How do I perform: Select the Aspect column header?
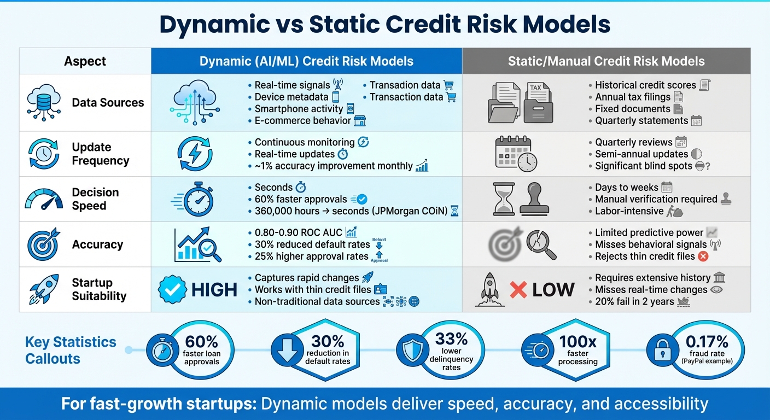pyautogui.click(x=85, y=61)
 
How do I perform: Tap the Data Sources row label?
pyautogui.click(x=108, y=103)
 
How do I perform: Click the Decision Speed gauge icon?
pyautogui.click(x=44, y=199)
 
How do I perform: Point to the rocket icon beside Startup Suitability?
pyautogui.click(x=43, y=289)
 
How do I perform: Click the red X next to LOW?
pyautogui.click(x=518, y=289)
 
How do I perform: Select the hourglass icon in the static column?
pyautogui.click(x=504, y=199)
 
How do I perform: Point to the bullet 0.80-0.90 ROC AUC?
pyautogui.click(x=299, y=233)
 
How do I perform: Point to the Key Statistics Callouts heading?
pyautogui.click(x=71, y=351)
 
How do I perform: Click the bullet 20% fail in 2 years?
pyautogui.click(x=634, y=301)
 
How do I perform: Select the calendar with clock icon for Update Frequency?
pyautogui.click(x=516, y=154)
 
